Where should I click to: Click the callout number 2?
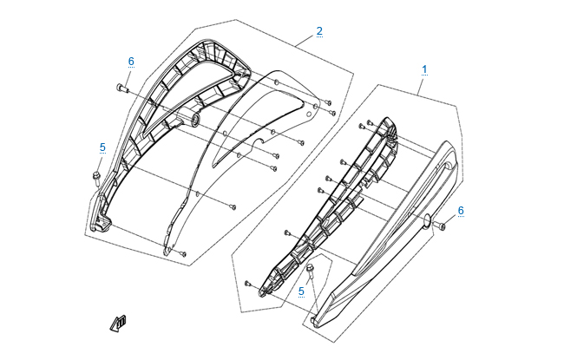(319, 31)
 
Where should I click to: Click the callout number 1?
(424, 69)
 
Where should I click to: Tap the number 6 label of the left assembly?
(131, 62)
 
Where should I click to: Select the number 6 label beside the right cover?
(461, 211)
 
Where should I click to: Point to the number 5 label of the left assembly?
(102, 147)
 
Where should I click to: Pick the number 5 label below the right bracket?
(301, 291)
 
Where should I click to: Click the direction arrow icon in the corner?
(118, 323)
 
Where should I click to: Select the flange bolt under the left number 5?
(96, 179)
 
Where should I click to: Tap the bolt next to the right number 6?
(439, 226)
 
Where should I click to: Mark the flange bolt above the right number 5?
(310, 270)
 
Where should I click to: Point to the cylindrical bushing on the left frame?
(193, 120)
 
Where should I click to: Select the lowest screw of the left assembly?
(183, 254)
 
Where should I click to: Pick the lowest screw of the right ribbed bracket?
(247, 284)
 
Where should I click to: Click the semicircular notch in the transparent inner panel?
(259, 141)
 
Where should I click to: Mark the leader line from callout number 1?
(421, 85)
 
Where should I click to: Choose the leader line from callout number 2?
(305, 41)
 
